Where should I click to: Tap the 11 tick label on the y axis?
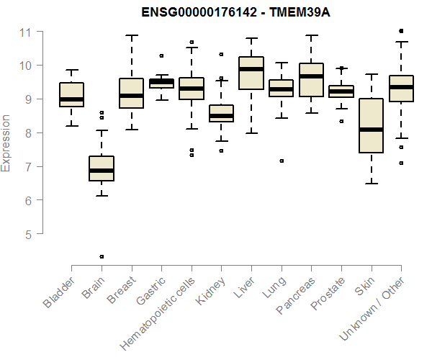pyautogui.click(x=26, y=32)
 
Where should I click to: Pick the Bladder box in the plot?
pyautogui.click(x=71, y=94)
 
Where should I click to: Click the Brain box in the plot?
pyautogui.click(x=102, y=168)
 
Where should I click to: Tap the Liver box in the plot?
pyautogui.click(x=251, y=73)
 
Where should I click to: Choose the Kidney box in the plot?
pyautogui.click(x=221, y=114)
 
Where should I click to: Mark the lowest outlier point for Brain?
pyautogui.click(x=102, y=256)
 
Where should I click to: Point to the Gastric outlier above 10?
pyautogui.click(x=161, y=55)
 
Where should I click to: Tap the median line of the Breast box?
pyautogui.click(x=131, y=95)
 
